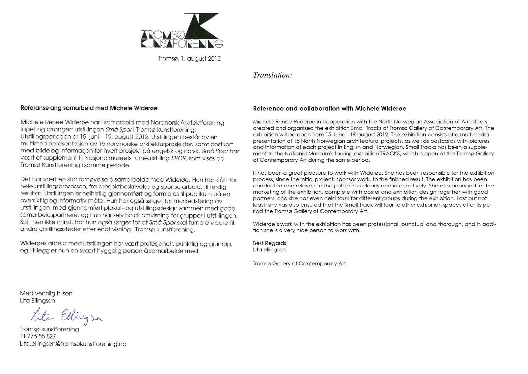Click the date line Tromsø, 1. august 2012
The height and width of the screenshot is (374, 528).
click(x=189, y=59)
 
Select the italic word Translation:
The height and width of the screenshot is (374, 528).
click(x=273, y=75)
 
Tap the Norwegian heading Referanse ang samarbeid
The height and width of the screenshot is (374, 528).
click(x=89, y=108)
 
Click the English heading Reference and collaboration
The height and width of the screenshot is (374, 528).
click(x=329, y=108)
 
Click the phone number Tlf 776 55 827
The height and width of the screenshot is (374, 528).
click(x=38, y=336)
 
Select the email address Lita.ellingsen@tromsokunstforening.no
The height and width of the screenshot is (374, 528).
click(x=73, y=344)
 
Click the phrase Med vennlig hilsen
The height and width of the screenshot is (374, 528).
click(x=46, y=293)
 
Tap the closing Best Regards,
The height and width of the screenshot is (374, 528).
click(x=270, y=243)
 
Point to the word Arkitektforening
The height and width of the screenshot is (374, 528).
click(x=202, y=123)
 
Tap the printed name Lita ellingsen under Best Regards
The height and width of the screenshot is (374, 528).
click(x=269, y=250)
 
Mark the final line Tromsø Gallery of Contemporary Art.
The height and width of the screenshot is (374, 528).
click(x=300, y=264)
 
